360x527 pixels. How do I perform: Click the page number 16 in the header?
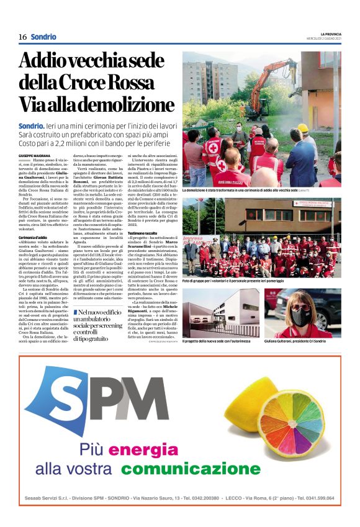point(22,37)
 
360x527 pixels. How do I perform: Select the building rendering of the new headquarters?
point(221,313)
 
